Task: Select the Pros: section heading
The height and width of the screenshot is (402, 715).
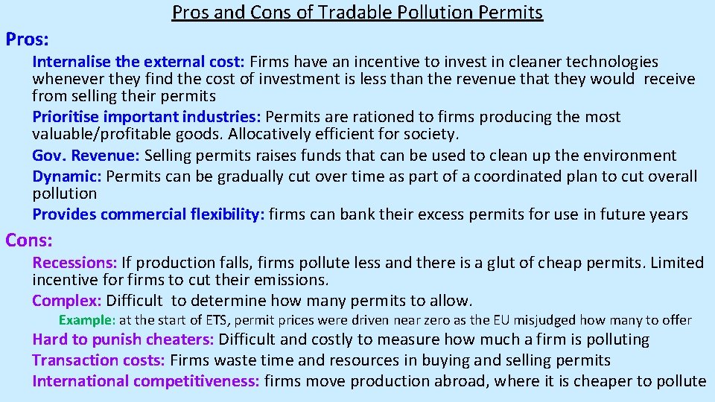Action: point(27,36)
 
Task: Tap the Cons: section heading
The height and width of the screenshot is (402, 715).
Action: point(28,240)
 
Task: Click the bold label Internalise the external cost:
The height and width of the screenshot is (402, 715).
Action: point(139,62)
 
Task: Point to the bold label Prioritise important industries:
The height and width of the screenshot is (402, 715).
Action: point(147,117)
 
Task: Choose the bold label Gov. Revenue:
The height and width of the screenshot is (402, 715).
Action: point(86,156)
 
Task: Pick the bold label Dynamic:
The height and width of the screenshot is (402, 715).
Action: point(68,176)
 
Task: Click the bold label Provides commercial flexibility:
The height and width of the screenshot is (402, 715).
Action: point(148,214)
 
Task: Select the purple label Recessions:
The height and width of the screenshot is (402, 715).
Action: point(74,263)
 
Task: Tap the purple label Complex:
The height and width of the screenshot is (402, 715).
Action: point(66,301)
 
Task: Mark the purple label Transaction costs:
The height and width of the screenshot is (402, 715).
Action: point(99,361)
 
